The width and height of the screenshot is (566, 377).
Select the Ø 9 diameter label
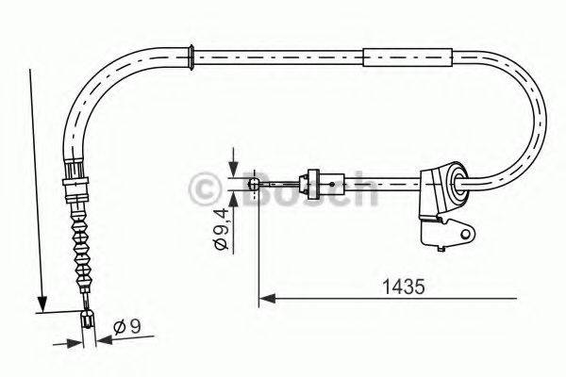click(x=126, y=327)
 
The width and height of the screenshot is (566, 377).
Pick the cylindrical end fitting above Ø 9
click(x=88, y=320)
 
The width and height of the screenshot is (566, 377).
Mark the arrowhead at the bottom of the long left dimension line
click(x=42, y=303)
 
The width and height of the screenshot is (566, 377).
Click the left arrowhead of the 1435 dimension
click(x=263, y=299)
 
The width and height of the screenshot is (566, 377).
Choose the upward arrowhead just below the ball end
click(x=233, y=190)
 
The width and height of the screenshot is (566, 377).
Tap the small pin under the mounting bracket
click(x=441, y=249)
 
